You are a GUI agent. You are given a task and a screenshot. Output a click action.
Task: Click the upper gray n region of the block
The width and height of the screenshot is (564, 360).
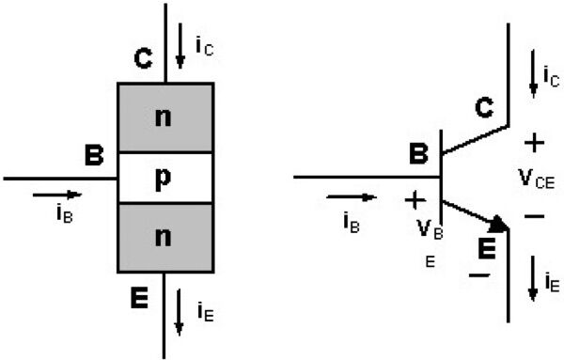(x=164, y=118)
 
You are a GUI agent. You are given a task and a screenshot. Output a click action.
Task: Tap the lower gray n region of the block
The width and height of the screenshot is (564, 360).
(x=164, y=238)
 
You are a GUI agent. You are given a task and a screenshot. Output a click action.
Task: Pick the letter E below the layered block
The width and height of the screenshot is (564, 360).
(x=138, y=300)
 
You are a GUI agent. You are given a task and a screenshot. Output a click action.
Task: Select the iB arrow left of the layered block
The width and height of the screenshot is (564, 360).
(x=56, y=195)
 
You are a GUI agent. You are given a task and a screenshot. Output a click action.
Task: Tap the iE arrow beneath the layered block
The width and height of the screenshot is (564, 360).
(x=180, y=313)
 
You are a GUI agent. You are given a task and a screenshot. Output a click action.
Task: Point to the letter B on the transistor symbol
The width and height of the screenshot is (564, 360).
(x=419, y=153)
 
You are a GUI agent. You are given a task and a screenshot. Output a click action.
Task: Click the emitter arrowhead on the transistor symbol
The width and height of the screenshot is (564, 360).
(x=498, y=224)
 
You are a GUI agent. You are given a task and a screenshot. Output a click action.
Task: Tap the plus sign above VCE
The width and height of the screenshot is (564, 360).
(x=534, y=144)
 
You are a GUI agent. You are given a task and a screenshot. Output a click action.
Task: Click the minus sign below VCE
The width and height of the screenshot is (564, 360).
(x=534, y=216)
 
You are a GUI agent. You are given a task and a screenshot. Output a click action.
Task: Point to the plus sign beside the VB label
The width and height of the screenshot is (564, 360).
(x=414, y=199)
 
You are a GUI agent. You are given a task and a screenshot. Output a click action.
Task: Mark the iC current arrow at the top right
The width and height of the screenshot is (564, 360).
(x=533, y=70)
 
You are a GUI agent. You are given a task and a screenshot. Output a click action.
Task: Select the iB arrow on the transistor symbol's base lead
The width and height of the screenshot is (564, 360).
(x=352, y=197)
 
